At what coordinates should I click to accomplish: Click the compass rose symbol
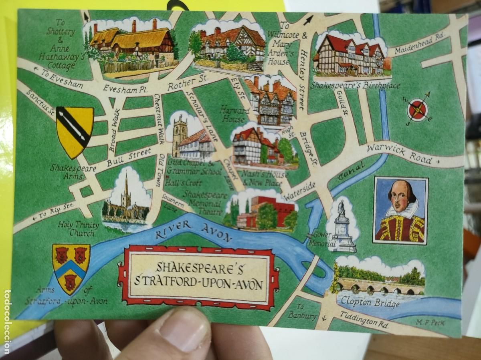[418, 109]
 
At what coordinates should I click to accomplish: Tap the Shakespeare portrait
[400, 211]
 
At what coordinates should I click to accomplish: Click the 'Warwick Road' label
[399, 154]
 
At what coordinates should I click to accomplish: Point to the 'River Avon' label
[194, 231]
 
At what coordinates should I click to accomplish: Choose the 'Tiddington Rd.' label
[364, 320]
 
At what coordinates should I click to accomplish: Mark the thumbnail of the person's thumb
[186, 329]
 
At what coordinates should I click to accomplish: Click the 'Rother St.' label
[187, 82]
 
